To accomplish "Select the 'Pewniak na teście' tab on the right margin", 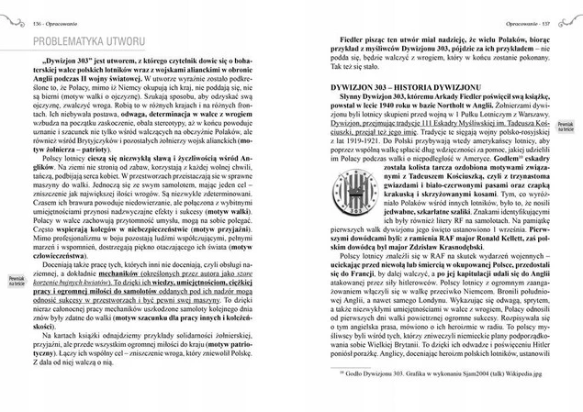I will click(566, 120).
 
